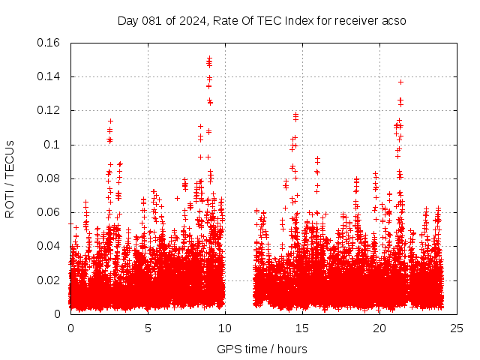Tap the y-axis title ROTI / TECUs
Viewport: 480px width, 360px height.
[x=10, y=178]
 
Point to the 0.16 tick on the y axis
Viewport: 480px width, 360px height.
[x=49, y=43]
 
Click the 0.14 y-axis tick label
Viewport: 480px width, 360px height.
[x=49, y=76]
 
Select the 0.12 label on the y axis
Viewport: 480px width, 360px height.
[x=49, y=110]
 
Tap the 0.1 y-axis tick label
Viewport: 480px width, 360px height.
[x=52, y=145]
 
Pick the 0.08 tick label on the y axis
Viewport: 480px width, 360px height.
[x=49, y=178]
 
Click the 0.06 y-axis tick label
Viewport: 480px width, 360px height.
[x=49, y=212]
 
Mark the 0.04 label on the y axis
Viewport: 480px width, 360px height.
[x=49, y=246]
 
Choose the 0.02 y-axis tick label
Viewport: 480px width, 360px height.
[x=49, y=280]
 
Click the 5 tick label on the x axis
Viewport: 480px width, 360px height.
[x=148, y=328]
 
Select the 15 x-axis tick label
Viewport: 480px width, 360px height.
[x=302, y=328]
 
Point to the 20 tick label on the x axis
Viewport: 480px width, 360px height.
[x=379, y=328]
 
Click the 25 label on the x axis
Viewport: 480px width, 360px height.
[x=457, y=328]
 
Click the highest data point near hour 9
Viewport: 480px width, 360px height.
[x=209, y=58]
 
